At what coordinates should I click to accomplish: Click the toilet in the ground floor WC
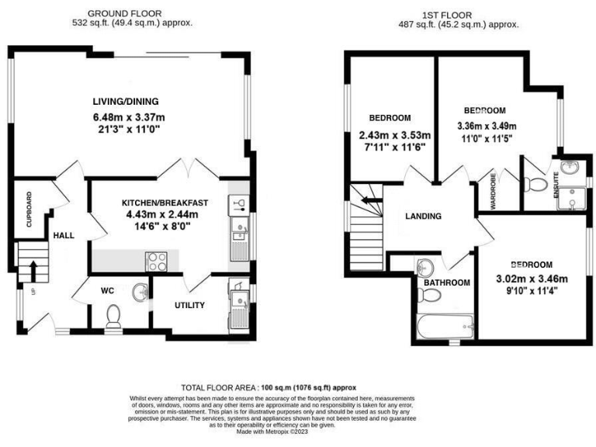113,315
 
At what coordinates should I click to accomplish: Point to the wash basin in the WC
140,292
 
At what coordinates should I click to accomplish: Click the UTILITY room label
189,305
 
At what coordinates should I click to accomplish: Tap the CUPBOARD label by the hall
29,209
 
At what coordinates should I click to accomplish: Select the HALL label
63,234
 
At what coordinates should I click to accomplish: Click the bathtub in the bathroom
442,327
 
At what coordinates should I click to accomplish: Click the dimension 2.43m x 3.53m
394,134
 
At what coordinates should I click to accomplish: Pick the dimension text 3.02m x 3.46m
532,279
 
